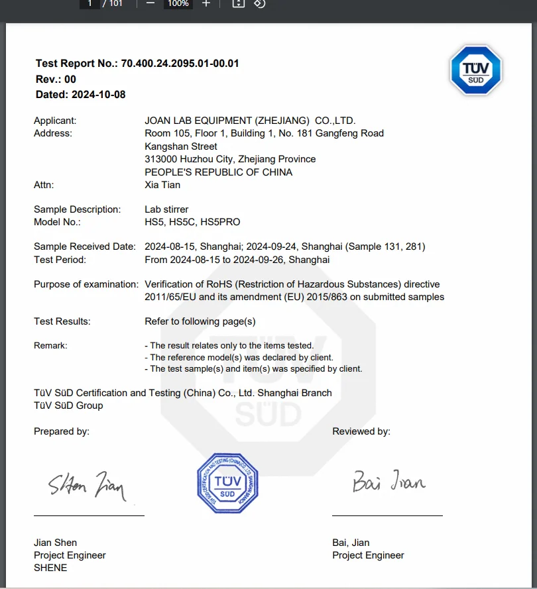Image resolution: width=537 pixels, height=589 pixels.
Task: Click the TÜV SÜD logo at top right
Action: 476,71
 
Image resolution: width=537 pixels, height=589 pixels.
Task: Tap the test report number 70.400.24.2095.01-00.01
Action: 180,64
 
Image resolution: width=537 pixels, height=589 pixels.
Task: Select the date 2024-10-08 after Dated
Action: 98,95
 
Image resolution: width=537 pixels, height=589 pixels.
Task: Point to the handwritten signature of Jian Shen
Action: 87,488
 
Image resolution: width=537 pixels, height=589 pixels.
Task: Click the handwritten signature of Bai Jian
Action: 388,481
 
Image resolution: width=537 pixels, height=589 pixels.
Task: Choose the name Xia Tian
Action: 162,185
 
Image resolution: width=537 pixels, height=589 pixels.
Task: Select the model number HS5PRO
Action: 222,222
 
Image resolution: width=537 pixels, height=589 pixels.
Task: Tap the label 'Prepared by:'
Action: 62,431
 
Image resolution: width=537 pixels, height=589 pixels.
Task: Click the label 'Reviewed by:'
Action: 361,431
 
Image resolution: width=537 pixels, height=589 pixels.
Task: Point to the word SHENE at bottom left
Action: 50,568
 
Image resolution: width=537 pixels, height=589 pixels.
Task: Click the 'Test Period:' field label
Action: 60,260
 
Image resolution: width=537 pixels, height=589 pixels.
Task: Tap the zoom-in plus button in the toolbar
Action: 206,3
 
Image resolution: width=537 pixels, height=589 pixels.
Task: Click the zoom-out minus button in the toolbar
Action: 150,3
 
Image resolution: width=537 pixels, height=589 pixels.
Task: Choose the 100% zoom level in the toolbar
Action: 178,3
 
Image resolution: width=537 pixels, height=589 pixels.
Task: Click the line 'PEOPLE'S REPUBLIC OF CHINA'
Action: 218,172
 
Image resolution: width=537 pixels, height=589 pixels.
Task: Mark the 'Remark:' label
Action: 50,346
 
